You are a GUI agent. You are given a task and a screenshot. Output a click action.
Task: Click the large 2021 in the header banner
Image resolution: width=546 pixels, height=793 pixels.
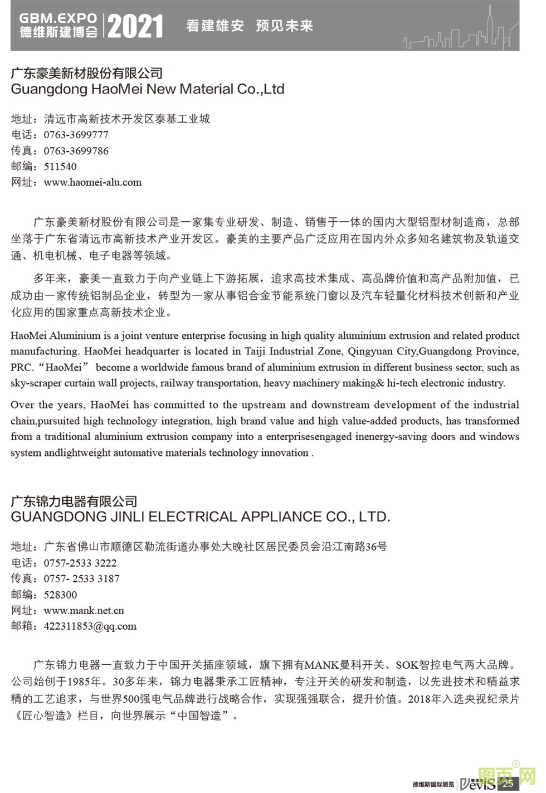[135, 26]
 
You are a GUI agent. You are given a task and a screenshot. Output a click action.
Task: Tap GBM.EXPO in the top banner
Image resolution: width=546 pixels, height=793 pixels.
[58, 18]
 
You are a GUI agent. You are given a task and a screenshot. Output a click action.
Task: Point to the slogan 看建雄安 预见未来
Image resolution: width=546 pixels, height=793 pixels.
[249, 26]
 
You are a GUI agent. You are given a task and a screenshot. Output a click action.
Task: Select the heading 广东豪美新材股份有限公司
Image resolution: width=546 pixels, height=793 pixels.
[86, 73]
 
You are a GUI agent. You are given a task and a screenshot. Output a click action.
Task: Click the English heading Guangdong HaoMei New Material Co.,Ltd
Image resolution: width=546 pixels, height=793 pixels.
[148, 89]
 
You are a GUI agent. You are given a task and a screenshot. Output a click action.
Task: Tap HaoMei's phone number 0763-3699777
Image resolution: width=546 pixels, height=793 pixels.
[76, 135]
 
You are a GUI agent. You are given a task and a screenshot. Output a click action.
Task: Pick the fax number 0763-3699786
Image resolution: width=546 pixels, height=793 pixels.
[76, 151]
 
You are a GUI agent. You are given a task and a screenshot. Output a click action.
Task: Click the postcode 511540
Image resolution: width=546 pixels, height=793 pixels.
[60, 167]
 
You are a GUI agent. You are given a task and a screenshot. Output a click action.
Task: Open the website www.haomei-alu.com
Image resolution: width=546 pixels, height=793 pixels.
[92, 182]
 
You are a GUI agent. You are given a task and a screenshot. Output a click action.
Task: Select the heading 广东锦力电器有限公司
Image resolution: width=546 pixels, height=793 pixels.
[74, 501]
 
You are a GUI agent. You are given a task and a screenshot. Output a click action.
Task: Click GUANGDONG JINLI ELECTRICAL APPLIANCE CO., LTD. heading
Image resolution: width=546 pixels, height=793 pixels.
[201, 517]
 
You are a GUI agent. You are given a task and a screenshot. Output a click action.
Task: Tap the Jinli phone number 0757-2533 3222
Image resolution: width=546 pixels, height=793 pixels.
[80, 563]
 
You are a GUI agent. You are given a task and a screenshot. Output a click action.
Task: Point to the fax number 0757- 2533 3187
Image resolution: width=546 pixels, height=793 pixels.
[81, 579]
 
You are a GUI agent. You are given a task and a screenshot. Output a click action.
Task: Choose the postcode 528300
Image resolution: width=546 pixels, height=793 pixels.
[60, 595]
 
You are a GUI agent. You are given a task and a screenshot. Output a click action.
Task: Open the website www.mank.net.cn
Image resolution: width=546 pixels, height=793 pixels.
[84, 611]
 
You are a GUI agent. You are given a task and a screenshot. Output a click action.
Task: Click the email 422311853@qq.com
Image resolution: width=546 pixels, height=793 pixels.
[90, 626]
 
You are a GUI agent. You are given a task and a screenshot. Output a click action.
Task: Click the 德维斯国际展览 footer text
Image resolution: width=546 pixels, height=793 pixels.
[433, 784]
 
